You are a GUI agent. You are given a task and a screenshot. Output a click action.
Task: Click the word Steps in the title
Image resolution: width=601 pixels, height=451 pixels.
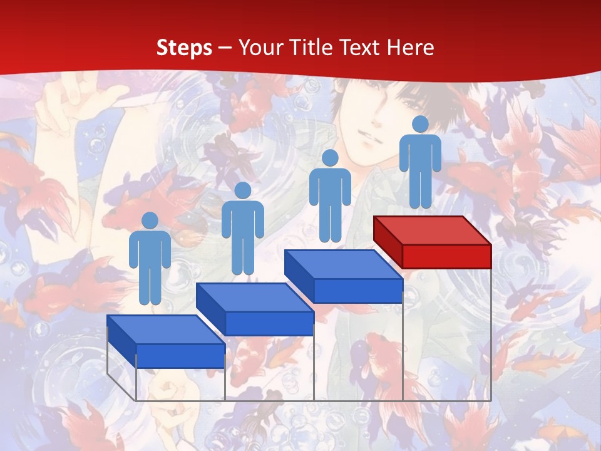pos(184,48)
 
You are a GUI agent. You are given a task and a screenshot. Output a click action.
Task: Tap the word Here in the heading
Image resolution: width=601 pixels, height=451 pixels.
pos(410,48)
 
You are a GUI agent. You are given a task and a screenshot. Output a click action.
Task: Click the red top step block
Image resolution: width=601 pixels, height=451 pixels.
pos(432,241)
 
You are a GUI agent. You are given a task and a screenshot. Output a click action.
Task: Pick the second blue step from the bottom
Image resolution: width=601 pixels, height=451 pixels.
pos(254,308)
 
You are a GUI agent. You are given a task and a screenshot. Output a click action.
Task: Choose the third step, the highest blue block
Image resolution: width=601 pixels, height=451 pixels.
pos(343,276)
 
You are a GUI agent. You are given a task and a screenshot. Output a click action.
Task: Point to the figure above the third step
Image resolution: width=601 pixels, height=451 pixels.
pos(330,197)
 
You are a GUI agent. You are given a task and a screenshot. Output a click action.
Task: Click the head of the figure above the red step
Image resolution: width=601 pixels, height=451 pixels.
pos(420,125)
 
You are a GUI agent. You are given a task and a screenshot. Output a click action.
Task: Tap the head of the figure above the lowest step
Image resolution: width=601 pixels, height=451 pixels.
pos(150,220)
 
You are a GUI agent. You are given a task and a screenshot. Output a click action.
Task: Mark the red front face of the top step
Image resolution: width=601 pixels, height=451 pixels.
pos(446,256)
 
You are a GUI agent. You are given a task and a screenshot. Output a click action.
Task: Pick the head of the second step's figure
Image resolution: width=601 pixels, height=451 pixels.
pos(242,190)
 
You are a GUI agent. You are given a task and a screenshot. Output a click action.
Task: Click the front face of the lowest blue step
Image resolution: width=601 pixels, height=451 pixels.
pos(180,356)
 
